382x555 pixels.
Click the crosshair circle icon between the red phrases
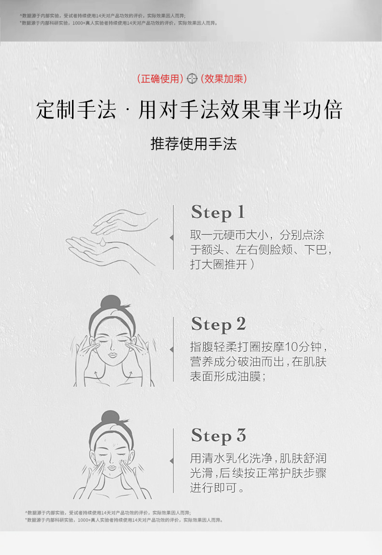coord(192,79)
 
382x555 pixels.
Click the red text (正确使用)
coord(160,79)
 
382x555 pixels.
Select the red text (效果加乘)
coord(223,79)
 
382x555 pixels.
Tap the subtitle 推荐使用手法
coord(193,143)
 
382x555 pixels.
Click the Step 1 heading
coord(218,213)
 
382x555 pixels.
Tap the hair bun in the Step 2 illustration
coord(110,303)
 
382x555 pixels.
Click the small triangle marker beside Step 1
coord(171,238)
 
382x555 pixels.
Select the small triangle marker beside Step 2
coord(171,349)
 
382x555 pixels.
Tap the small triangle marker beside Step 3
coord(171,460)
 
